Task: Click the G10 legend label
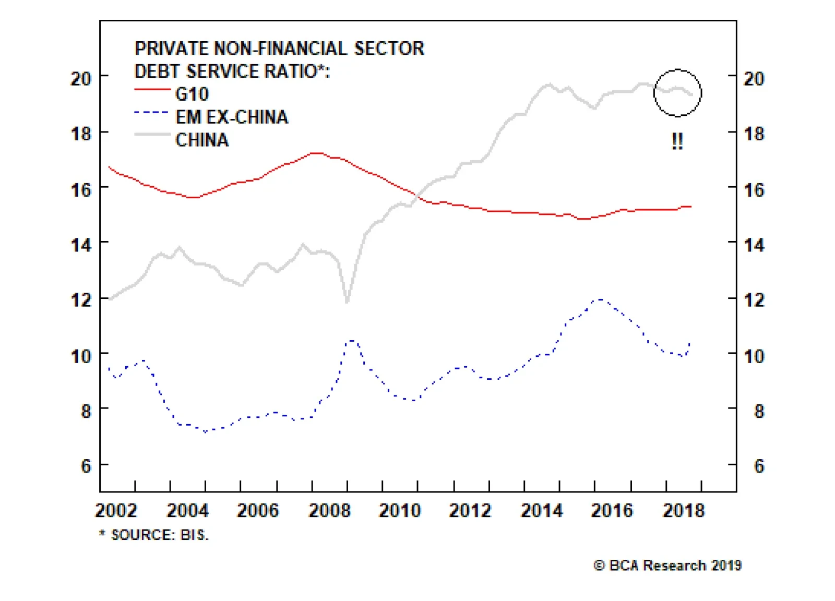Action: pos(192,94)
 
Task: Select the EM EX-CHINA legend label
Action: pos(232,117)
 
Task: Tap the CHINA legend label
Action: pos(202,140)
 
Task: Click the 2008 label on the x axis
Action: pos(329,510)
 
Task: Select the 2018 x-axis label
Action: pos(683,510)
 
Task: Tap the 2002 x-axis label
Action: pos(116,510)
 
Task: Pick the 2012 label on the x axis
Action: pos(470,510)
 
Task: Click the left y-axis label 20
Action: pos(81,79)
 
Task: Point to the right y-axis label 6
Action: pos(759,466)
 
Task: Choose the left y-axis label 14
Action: pos(81,245)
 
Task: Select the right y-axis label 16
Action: pos(754,190)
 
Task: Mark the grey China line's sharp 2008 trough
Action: pos(347,301)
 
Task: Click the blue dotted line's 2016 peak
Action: pos(600,299)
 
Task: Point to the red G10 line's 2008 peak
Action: pos(317,153)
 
